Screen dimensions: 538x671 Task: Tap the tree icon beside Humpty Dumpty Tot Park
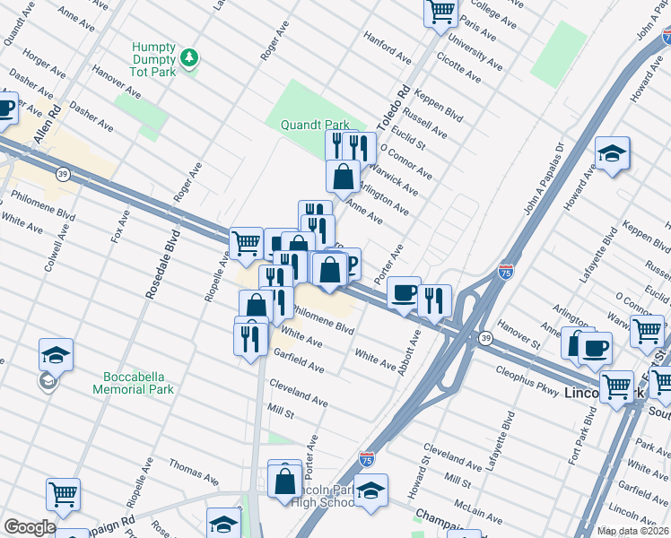(x=189, y=58)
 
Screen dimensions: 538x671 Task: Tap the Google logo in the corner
(x=30, y=527)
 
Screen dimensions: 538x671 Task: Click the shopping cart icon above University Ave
(x=440, y=13)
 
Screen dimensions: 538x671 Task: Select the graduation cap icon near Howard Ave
(x=613, y=153)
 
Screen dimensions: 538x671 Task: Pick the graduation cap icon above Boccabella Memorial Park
(x=56, y=355)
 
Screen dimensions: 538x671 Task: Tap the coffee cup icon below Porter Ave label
(x=405, y=291)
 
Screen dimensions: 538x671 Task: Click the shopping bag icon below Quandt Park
(x=344, y=177)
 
